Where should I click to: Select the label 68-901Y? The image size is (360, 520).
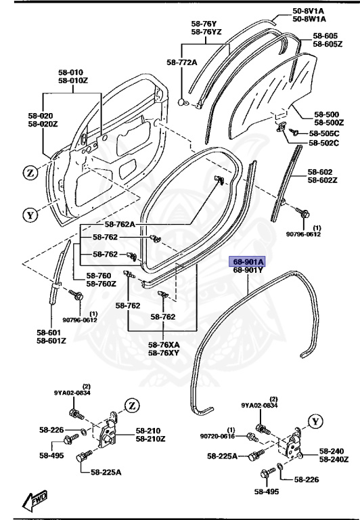click(248, 270)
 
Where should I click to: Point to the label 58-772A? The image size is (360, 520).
click(181, 62)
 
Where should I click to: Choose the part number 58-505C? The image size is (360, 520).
click(325, 133)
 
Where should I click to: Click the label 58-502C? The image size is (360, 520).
click(325, 143)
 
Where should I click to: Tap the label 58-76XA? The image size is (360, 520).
click(164, 345)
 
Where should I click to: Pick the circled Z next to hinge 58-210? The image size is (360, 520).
click(131, 406)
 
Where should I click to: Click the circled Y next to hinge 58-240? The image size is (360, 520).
click(313, 421)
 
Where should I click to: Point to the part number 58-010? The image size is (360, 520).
click(70, 72)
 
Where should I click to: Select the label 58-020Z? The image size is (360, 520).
click(44, 124)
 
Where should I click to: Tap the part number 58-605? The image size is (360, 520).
click(325, 35)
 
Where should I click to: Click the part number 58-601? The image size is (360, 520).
click(51, 332)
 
